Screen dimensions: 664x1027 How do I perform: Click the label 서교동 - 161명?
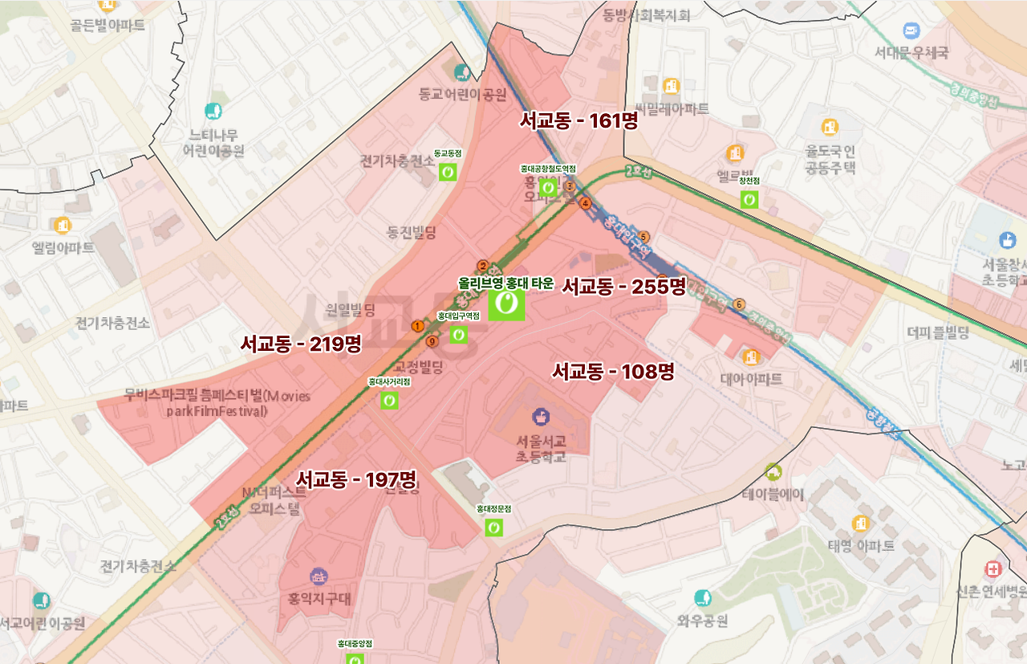[578, 121]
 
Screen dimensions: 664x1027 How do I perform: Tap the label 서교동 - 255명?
[623, 286]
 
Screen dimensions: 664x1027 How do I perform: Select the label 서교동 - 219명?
[301, 344]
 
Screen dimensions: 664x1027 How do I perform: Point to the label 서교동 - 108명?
[613, 372]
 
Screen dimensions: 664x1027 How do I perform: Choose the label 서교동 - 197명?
[356, 480]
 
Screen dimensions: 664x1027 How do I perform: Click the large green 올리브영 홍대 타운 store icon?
[506, 304]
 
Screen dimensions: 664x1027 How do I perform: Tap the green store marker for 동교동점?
[448, 171]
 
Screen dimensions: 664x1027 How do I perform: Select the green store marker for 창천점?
[749, 199]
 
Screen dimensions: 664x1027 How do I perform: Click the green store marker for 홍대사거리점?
[389, 400]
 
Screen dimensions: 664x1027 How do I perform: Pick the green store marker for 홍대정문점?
[494, 527]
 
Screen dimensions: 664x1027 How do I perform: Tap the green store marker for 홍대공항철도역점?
[548, 187]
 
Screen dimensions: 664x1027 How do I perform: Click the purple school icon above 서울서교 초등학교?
[541, 416]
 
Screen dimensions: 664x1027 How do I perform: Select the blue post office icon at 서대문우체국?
[911, 31]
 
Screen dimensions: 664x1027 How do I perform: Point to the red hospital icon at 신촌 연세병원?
[994, 569]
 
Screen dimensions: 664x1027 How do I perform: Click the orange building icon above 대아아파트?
[751, 356]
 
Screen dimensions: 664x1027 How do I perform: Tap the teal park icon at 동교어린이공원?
[462, 73]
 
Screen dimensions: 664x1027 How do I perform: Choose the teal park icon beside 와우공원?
[703, 598]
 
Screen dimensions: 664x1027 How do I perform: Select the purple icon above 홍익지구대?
[319, 576]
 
